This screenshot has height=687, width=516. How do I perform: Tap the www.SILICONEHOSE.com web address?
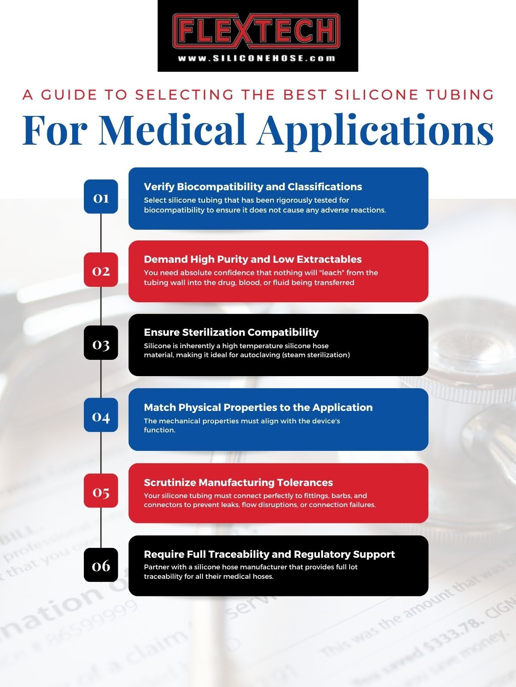coord(257,58)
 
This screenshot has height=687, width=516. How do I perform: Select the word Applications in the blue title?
coord(375,129)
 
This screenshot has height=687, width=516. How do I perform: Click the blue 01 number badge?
coord(101,197)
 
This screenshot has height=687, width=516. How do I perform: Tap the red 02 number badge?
coord(101,270)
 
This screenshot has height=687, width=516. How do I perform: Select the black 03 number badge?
coord(101,343)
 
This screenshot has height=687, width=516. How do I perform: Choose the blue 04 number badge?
coord(101,416)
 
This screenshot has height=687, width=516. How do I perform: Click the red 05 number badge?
coord(101,491)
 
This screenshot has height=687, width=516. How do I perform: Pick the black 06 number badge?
coord(101,565)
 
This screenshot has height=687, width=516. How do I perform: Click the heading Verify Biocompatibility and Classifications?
coord(253,187)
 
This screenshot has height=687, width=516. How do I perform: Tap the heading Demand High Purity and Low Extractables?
coord(252,259)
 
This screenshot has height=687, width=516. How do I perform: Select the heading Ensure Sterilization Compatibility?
coord(231,332)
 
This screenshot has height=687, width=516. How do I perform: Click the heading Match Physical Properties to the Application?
coord(258,407)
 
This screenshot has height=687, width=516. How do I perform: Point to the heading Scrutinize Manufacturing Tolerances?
coord(238,483)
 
